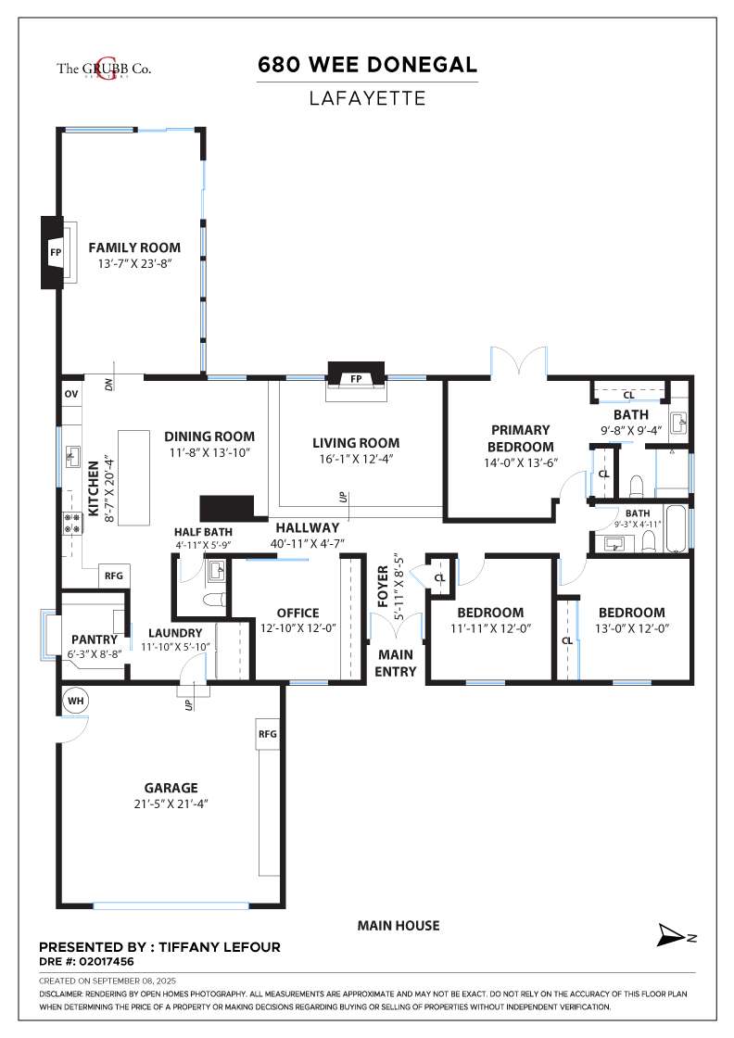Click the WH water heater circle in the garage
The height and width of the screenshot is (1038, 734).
point(75,701)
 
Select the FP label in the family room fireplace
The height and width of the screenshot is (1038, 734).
point(56,252)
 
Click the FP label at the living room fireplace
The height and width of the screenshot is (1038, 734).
point(356,379)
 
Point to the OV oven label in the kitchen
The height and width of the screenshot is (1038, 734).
point(70,394)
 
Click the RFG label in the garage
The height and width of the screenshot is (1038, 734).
point(268,734)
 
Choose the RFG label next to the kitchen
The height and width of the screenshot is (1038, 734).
point(114,576)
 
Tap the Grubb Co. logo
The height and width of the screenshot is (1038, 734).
point(104,68)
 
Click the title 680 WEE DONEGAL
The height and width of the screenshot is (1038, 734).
point(367,64)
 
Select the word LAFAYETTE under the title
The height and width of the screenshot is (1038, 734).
point(367,98)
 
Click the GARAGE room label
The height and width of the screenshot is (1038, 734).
point(171,788)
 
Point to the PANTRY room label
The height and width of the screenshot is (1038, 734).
point(94,639)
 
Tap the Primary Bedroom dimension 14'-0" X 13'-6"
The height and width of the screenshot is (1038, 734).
point(521,462)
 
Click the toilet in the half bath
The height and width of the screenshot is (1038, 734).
point(214,601)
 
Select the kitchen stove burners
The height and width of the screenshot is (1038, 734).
point(71,523)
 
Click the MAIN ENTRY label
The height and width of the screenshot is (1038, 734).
point(395,663)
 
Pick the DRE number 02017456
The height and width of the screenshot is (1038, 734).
point(106,961)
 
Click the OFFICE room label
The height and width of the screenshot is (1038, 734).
point(297,613)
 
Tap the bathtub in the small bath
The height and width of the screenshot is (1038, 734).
point(675,529)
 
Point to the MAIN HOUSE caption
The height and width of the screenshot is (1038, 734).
point(399,926)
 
